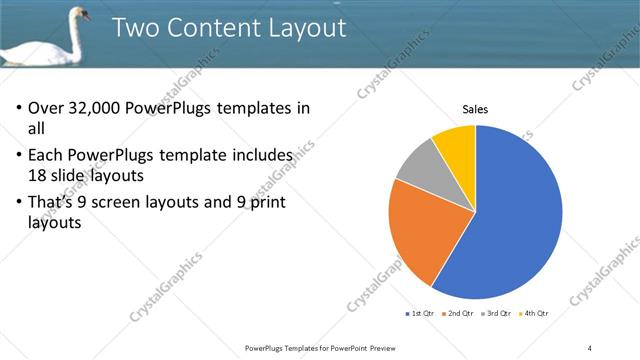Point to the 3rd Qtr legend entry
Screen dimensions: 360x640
497,314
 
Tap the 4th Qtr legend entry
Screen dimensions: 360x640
535,314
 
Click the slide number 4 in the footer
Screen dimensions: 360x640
590,347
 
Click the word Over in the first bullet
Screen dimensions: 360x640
46,109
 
